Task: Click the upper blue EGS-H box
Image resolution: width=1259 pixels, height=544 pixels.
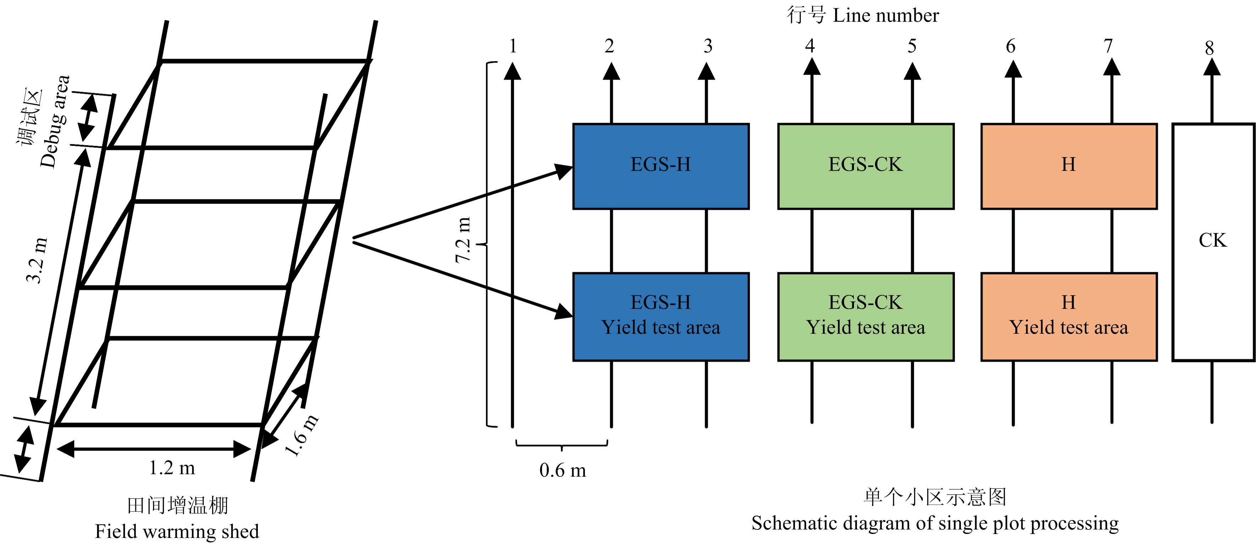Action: point(661,166)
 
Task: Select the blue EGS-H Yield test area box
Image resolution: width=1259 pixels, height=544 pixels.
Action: point(661,317)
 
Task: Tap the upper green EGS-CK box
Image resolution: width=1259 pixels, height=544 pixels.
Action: point(865,166)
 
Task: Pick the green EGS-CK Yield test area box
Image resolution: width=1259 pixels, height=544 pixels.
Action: point(865,317)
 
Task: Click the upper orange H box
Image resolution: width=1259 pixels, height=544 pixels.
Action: point(1069,166)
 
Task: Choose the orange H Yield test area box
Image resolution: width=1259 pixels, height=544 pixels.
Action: point(1069,317)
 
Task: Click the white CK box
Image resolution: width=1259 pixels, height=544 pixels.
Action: point(1213,242)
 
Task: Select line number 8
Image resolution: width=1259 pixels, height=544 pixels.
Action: point(1209,48)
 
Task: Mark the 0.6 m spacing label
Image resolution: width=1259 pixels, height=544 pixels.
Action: point(563,470)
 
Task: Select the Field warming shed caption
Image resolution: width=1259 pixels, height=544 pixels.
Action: point(177,531)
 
